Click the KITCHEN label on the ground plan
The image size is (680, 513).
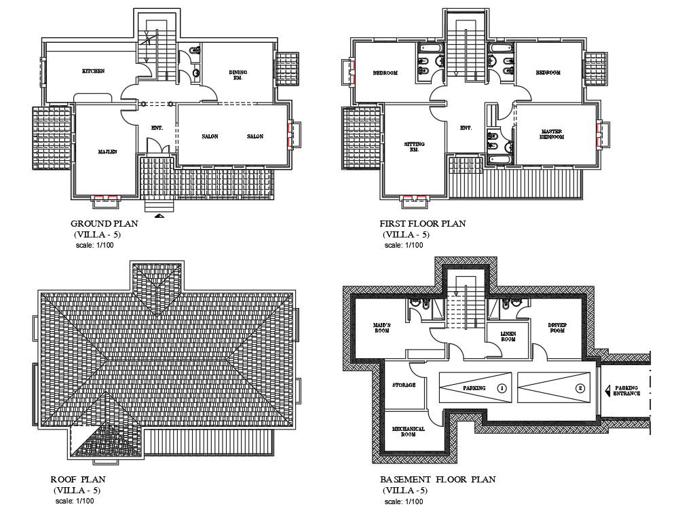point(93,71)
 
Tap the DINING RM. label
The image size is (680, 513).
point(238,75)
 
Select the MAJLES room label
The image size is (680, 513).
point(107,152)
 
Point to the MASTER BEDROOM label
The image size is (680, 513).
point(551,134)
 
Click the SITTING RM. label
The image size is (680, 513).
point(414,147)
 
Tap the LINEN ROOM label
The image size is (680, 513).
point(508,336)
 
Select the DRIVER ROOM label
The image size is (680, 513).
point(557,328)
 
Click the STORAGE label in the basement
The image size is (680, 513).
point(403,385)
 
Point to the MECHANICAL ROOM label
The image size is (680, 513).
point(408,432)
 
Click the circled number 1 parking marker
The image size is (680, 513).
point(502,389)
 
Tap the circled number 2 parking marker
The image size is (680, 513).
point(580,389)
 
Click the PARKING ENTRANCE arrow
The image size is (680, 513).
point(609,389)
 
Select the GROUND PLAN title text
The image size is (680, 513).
point(105,223)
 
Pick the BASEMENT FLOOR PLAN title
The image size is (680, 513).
point(437,479)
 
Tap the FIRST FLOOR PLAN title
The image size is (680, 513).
point(423,223)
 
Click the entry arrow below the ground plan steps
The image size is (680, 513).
point(159,216)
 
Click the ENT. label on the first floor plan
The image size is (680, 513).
point(466,128)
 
